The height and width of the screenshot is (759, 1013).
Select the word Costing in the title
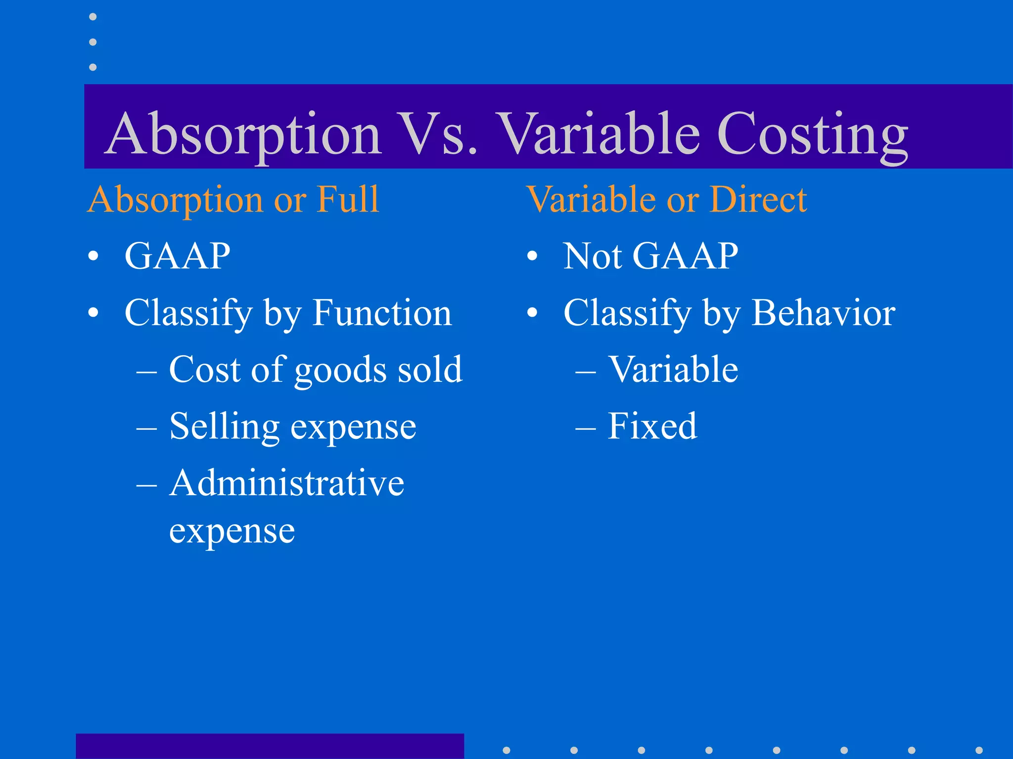click(812, 134)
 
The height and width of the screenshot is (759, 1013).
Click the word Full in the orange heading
click(348, 200)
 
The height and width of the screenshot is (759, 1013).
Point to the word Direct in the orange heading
click(758, 200)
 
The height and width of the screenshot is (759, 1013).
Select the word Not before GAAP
click(592, 256)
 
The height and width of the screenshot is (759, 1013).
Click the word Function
click(382, 313)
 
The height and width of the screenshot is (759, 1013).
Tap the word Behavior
click(823, 313)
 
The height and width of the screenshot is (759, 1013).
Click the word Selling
click(224, 426)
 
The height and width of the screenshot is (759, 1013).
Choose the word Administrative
click(287, 483)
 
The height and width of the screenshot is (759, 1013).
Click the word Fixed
click(652, 426)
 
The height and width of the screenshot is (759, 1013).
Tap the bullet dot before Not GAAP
click(532, 256)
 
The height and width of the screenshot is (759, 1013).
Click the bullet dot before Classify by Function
click(93, 313)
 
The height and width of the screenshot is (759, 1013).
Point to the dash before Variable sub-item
click(585, 371)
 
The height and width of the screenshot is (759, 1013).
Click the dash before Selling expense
click(146, 427)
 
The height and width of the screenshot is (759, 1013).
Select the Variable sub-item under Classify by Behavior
click(673, 370)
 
